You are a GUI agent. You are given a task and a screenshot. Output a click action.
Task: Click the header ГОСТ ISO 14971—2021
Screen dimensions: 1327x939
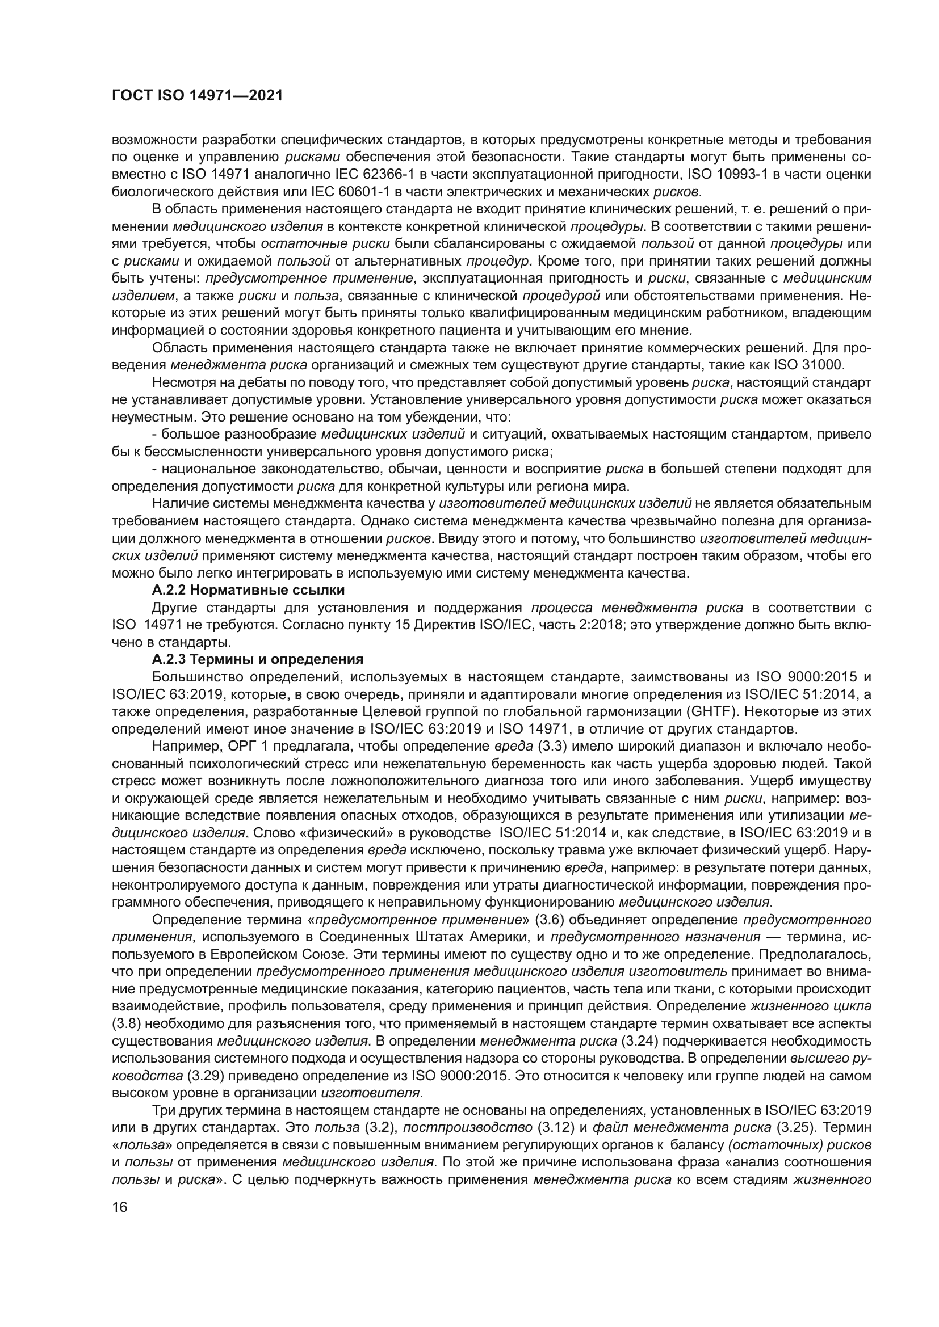pos(197,96)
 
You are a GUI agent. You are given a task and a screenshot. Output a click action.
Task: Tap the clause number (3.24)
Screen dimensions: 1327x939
pos(638,1041)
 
